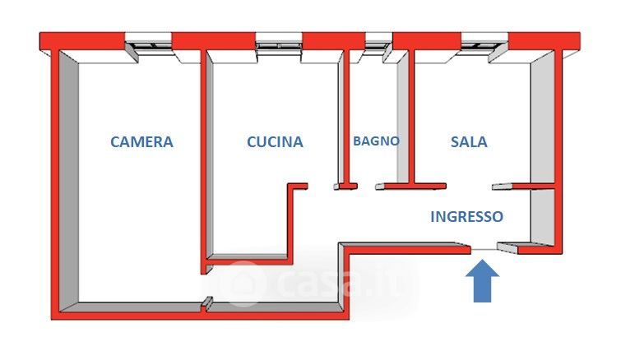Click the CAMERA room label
pyautogui.click(x=141, y=141)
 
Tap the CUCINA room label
pyautogui.click(x=275, y=141)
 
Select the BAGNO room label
pyautogui.click(x=376, y=141)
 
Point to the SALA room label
pyautogui.click(x=469, y=141)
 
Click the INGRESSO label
pyautogui.click(x=466, y=217)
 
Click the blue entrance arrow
pyautogui.click(x=484, y=281)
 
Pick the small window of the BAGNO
pyautogui.click(x=378, y=41)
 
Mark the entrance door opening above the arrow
pyautogui.click(x=484, y=246)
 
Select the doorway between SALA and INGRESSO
pyautogui.click(x=469, y=187)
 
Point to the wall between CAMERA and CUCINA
pyautogui.click(x=202, y=156)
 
